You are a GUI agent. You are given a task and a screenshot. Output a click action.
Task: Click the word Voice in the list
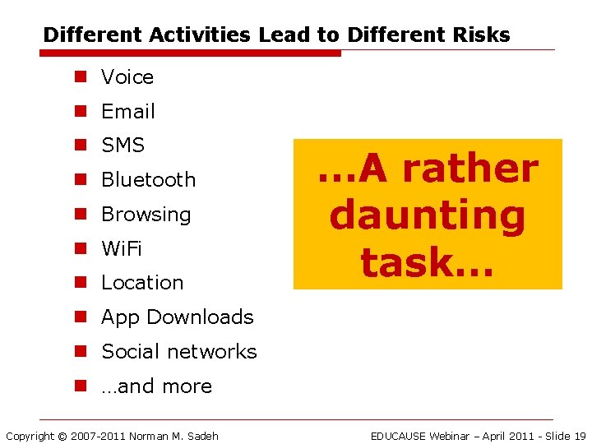click(x=127, y=77)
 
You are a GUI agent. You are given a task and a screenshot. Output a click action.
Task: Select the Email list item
click(x=127, y=112)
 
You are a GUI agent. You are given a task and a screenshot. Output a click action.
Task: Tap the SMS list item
click(x=123, y=146)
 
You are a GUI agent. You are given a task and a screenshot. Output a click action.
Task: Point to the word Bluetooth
click(x=148, y=180)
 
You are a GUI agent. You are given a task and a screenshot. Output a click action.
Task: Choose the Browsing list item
click(x=146, y=215)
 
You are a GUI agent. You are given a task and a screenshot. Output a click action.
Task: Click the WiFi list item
click(x=121, y=248)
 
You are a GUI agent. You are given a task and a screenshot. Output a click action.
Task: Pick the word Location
click(x=142, y=283)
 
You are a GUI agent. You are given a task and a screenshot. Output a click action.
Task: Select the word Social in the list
click(x=130, y=352)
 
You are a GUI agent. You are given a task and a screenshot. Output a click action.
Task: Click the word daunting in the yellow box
click(x=427, y=215)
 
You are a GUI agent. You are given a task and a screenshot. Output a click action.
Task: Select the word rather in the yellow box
click(x=470, y=169)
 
